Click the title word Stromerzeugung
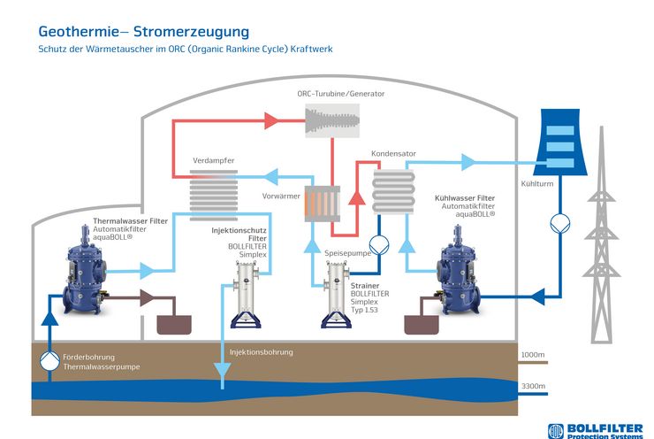pyautogui.click(x=191, y=32)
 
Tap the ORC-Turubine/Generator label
pyautogui.click(x=341, y=94)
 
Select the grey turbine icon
pyautogui.click(x=332, y=120)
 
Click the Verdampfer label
pyautogui.click(x=214, y=160)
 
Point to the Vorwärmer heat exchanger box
pyautogui.click(x=322, y=204)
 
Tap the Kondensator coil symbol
pyautogui.click(x=393, y=192)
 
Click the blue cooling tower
pyautogui.click(x=560, y=142)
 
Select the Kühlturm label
pyautogui.click(x=536, y=183)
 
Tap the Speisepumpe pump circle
pyautogui.click(x=379, y=245)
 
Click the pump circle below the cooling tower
pyautogui.click(x=560, y=223)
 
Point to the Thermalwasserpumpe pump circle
pyautogui.click(x=49, y=361)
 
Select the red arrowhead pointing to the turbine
pyautogui.click(x=271, y=120)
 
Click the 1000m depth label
pyautogui.click(x=533, y=355)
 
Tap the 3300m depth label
pyautogui.click(x=533, y=386)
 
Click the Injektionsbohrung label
pyautogui.click(x=261, y=352)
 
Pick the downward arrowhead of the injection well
pyautogui.click(x=222, y=370)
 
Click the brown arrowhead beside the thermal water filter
pyautogui.click(x=147, y=297)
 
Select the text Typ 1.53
pyautogui.click(x=364, y=310)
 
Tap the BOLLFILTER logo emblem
pyautogui.click(x=556, y=431)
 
